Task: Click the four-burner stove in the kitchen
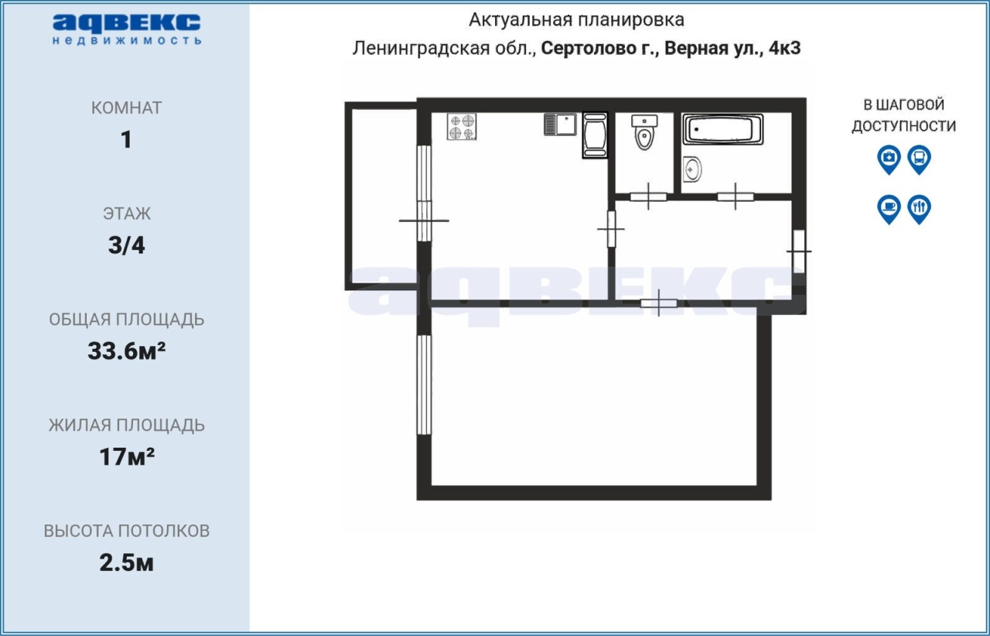click(x=462, y=127)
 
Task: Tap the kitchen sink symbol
click(x=561, y=125)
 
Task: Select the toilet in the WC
click(x=644, y=132)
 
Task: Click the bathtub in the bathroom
click(x=722, y=129)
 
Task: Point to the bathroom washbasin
click(x=692, y=169)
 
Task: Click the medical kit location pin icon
click(x=889, y=159)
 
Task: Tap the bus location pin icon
click(x=920, y=159)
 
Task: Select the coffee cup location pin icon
click(x=889, y=209)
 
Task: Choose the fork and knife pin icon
click(x=920, y=209)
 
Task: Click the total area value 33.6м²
click(x=126, y=351)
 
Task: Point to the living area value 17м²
click(x=126, y=456)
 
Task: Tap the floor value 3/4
click(x=126, y=245)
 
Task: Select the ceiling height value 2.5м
click(x=126, y=562)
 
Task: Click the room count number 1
click(x=126, y=140)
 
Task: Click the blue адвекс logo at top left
click(x=126, y=29)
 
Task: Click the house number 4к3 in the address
click(x=784, y=48)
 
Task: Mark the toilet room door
click(x=648, y=197)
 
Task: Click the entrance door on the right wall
click(x=799, y=251)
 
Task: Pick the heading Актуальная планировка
click(x=576, y=20)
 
